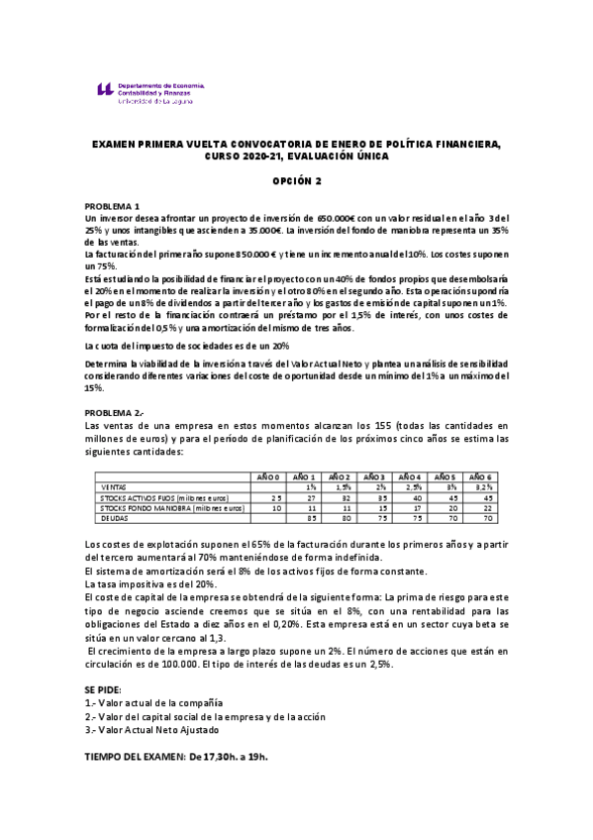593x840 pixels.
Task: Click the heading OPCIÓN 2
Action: (x=298, y=181)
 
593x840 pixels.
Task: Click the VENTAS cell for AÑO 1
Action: (x=310, y=487)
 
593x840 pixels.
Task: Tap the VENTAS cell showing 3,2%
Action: (x=481, y=487)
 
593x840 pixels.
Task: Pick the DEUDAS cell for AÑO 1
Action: (x=310, y=516)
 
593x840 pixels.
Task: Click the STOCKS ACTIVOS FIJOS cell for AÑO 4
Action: (x=417, y=497)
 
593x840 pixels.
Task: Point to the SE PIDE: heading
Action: (x=106, y=687)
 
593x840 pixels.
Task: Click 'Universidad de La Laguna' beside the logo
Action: (x=161, y=100)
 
